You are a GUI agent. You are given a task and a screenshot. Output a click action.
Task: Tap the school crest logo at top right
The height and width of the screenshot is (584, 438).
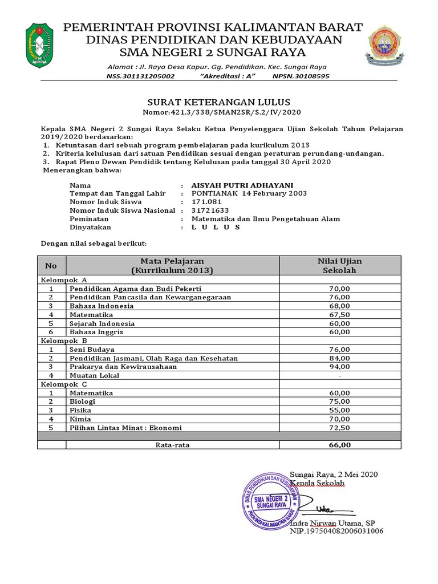pos(387,46)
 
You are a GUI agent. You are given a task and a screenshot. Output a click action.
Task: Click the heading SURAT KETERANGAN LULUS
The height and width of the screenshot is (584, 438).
pos(219,102)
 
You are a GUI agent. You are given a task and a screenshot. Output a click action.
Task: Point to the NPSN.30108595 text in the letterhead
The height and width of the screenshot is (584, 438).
pos(301,76)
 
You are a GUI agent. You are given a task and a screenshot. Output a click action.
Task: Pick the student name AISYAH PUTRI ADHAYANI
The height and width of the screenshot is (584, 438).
pos(242,185)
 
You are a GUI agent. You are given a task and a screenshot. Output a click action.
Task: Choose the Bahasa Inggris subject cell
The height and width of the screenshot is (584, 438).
pos(96,331)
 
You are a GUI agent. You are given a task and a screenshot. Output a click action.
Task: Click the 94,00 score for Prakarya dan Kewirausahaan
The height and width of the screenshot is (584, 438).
pos(340,367)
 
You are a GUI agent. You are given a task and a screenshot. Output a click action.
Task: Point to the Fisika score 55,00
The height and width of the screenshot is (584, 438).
pos(340,410)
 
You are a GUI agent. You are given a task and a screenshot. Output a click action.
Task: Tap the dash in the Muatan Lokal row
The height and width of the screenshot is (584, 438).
pos(340,376)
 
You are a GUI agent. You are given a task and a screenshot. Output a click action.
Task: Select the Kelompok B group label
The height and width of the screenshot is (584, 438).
pos(63,340)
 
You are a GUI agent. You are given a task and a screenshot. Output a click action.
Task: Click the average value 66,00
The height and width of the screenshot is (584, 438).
pos(340,445)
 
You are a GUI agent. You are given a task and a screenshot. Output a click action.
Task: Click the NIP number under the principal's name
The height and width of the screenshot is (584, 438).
pos(336,531)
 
